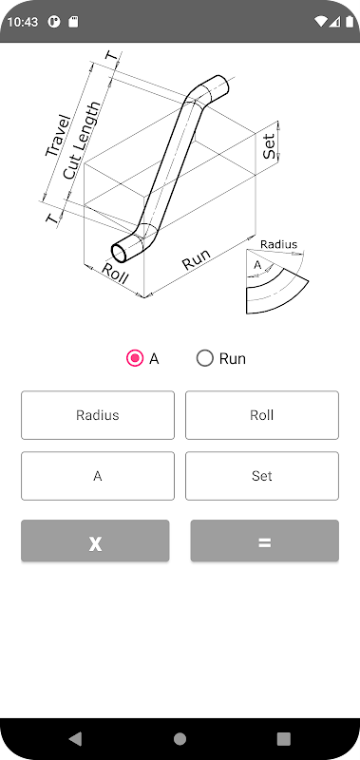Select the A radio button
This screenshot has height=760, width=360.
(135, 359)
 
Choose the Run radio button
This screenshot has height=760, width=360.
(205, 359)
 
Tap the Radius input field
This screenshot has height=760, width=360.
(98, 415)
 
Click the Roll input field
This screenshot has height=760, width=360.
(262, 415)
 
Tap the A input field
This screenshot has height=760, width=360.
(98, 476)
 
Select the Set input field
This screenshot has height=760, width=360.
(262, 476)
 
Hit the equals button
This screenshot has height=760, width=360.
(265, 541)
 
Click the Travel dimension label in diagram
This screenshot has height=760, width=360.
(58, 136)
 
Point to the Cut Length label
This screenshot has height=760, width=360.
(82, 141)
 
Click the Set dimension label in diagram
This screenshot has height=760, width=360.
(270, 146)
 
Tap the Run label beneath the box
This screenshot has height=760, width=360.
(197, 259)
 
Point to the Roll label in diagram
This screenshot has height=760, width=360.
(115, 274)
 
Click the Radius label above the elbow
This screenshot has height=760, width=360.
(278, 244)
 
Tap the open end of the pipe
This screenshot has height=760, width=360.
(120, 253)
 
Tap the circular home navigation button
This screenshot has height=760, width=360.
(180, 739)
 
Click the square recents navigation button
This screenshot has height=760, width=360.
(283, 739)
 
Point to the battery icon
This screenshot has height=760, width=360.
(350, 22)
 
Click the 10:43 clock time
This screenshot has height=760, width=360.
(22, 22)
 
